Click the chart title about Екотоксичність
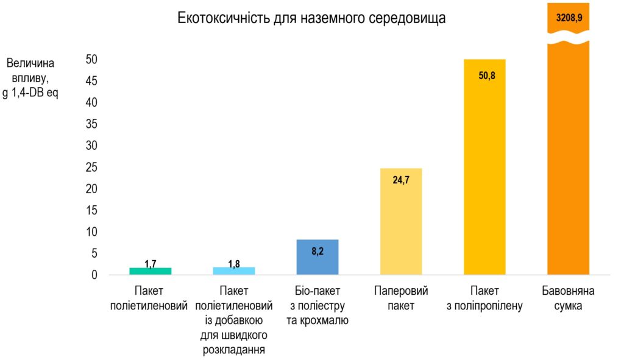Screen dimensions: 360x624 (311, 18)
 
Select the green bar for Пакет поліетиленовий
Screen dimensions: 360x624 (150, 271)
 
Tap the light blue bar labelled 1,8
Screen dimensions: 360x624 (234, 270)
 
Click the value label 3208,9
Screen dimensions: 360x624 (569, 18)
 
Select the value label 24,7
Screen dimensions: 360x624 (400, 181)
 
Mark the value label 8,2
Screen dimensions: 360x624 (317, 250)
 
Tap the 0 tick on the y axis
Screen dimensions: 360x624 (95, 275)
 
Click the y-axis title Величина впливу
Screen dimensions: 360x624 (30, 79)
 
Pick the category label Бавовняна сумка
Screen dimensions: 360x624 (568, 298)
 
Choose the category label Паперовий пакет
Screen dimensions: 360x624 (401, 298)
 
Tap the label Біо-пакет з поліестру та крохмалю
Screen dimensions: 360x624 (317, 305)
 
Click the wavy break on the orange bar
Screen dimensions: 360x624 (568, 41)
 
